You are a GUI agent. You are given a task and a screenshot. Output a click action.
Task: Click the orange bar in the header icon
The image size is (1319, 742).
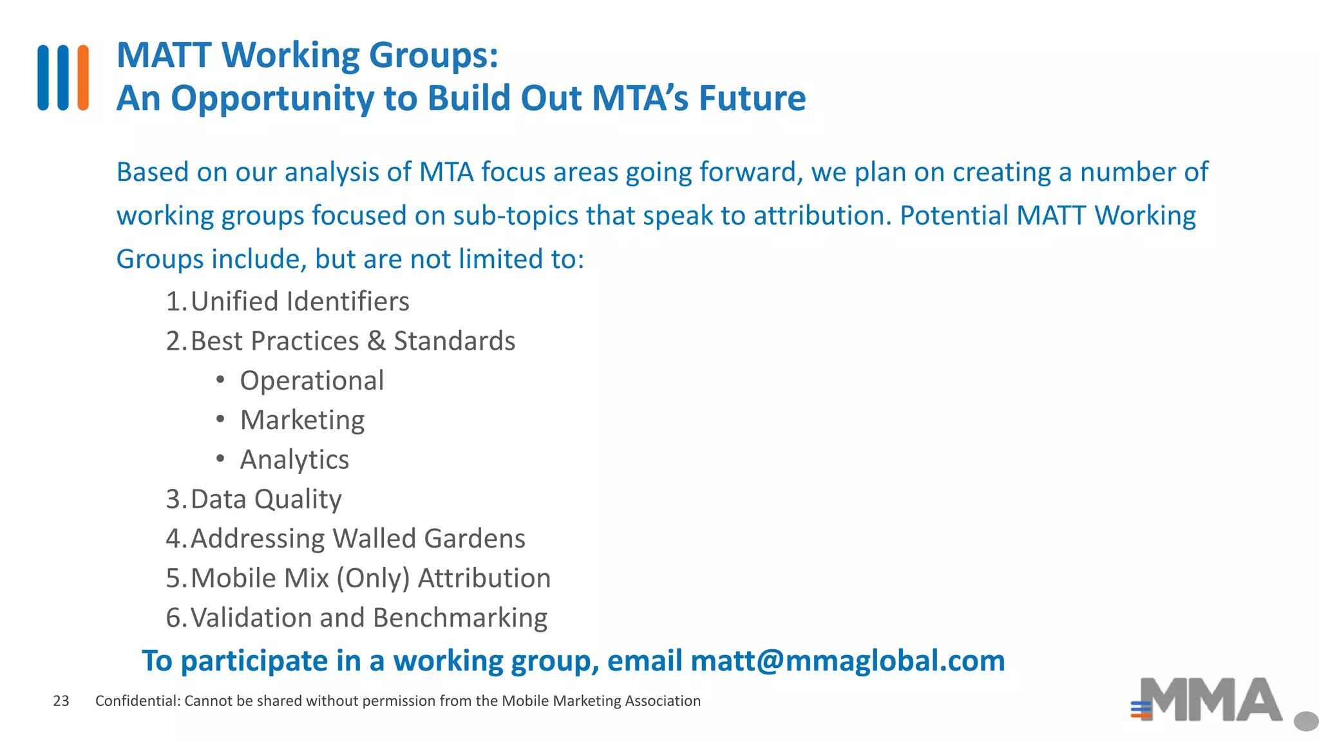click(x=83, y=77)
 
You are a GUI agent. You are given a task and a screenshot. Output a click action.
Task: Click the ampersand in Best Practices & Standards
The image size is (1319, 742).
click(x=376, y=341)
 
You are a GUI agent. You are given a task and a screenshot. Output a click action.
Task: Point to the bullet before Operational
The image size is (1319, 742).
click(x=220, y=380)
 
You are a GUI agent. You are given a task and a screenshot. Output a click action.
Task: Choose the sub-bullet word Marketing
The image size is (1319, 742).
click(x=302, y=420)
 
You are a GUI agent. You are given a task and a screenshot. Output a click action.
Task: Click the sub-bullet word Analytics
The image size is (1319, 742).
click(x=294, y=460)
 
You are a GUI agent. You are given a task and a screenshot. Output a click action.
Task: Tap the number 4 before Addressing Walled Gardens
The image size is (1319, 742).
click(x=173, y=538)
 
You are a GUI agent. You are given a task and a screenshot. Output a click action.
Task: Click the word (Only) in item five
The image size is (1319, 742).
click(x=373, y=578)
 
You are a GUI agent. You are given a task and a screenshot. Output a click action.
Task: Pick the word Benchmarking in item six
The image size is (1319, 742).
click(x=460, y=618)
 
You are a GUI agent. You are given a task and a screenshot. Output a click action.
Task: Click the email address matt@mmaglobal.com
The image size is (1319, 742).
click(x=847, y=661)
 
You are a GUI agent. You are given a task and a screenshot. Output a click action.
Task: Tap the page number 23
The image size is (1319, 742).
click(x=61, y=701)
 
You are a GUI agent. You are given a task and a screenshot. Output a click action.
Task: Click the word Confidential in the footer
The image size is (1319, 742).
click(x=137, y=701)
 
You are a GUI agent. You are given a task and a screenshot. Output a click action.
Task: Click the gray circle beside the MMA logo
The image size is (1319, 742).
click(x=1306, y=721)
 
